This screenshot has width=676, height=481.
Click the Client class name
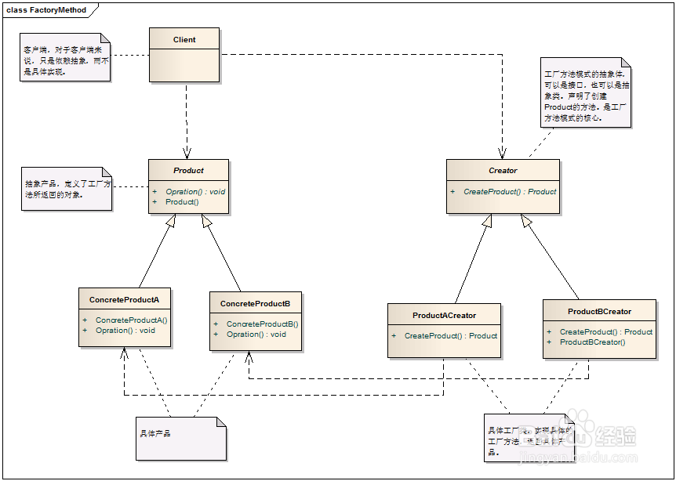pyautogui.click(x=184, y=39)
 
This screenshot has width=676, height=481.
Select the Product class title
pyautogui.click(x=188, y=170)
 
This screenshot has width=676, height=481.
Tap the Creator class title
pyautogui.click(x=503, y=170)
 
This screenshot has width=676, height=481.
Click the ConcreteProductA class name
pyautogui.click(x=124, y=299)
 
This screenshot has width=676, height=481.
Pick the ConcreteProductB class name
pyautogui.click(x=255, y=303)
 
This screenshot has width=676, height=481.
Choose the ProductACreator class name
pyautogui.click(x=444, y=315)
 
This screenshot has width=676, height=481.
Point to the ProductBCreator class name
pyautogui.click(x=599, y=311)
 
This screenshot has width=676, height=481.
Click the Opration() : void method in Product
pyautogui.click(x=195, y=192)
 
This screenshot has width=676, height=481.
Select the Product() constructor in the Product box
pyautogui.click(x=182, y=202)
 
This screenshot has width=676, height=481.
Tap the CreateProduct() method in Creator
pyautogui.click(x=510, y=191)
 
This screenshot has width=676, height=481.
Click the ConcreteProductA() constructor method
pyautogui.click(x=131, y=320)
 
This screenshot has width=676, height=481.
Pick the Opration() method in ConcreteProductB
pyautogui.click(x=256, y=335)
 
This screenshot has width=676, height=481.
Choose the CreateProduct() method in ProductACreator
pyautogui.click(x=451, y=336)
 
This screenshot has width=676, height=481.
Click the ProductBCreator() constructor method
pyautogui.click(x=592, y=342)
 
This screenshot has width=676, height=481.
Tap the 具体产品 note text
pyautogui.click(x=154, y=433)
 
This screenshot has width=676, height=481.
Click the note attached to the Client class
pyautogui.click(x=66, y=58)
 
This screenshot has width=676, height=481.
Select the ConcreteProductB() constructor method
pyautogui.click(x=263, y=324)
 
